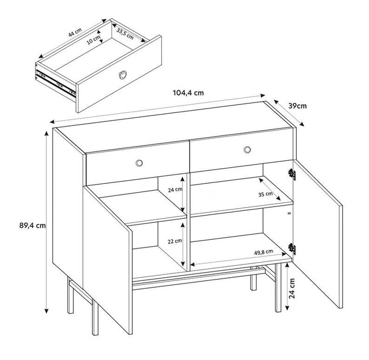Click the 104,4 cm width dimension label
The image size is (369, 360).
188,93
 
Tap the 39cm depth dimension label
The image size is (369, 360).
297,105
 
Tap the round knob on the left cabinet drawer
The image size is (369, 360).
139,162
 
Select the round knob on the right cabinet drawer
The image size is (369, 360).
247,151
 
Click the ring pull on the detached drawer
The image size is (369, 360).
122,75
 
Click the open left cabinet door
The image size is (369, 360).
105,253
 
